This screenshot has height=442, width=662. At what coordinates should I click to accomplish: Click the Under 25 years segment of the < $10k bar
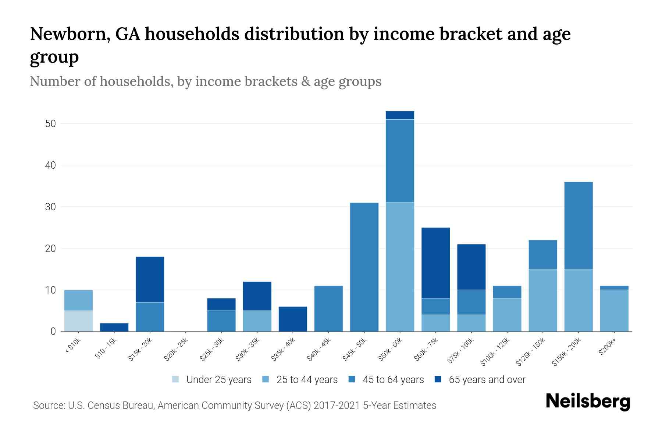point(78,321)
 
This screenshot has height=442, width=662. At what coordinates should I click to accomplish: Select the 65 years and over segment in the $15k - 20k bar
point(150,279)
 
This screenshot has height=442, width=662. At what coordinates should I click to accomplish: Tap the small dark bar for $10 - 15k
point(114,327)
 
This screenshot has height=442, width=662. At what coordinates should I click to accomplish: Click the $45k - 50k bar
point(364,267)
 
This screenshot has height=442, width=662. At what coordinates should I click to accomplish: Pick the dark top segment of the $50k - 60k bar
point(400,115)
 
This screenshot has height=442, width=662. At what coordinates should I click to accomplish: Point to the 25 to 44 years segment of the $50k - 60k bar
point(400,267)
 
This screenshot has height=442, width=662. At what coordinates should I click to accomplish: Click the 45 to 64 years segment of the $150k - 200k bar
point(578,225)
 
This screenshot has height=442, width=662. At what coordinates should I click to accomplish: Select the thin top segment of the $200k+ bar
point(614,288)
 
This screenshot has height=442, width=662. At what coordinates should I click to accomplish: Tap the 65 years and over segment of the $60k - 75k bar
point(435,263)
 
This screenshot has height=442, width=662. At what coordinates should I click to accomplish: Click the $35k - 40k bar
point(293,319)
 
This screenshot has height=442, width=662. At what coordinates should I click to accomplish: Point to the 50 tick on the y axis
point(50,124)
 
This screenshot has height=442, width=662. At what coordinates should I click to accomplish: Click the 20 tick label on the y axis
point(50,249)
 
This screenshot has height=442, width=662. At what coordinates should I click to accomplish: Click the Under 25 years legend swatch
point(176,379)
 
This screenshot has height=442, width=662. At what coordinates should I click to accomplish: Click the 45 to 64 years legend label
point(393,379)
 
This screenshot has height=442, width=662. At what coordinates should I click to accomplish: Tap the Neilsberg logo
point(588,401)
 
